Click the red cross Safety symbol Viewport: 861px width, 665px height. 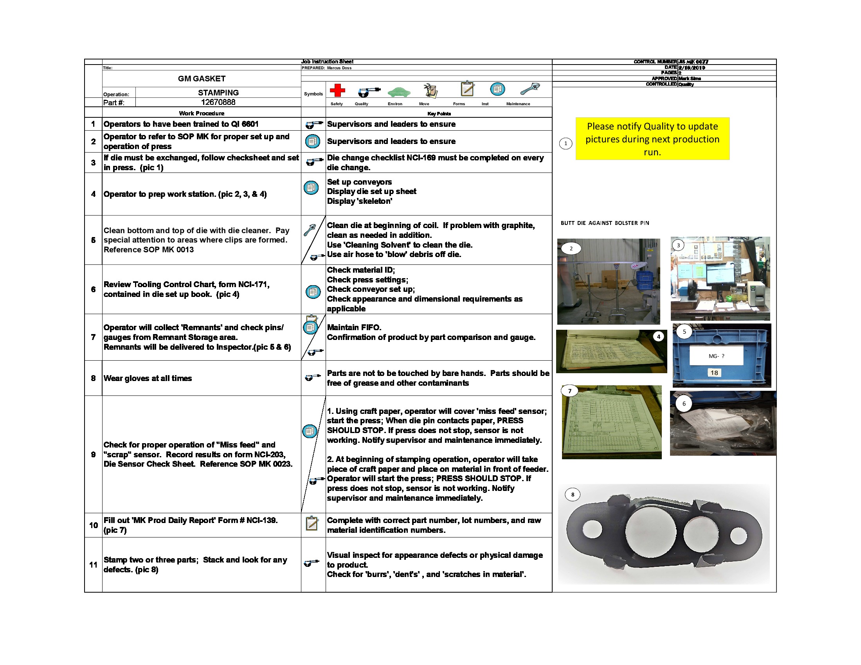click(337, 90)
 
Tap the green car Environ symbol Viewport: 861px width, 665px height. click(398, 92)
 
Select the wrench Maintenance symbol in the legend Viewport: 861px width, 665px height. click(530, 89)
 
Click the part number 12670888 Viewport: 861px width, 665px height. click(218, 102)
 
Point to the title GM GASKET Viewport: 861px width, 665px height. click(202, 78)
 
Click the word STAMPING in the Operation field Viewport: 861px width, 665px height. click(218, 93)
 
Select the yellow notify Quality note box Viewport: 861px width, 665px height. click(652, 139)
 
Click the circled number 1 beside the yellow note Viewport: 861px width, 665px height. click(566, 144)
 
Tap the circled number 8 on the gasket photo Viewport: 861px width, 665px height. click(573, 494)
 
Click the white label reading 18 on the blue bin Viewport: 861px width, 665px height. click(714, 373)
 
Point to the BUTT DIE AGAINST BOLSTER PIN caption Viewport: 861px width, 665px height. click(604, 223)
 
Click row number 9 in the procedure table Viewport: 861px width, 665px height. click(93, 454)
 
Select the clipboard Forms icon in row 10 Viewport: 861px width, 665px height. click(312, 523)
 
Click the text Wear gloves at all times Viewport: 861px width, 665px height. click(148, 378)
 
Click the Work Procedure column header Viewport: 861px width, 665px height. click(202, 113)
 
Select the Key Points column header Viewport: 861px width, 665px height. click(439, 113)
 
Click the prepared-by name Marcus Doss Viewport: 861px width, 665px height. click(339, 68)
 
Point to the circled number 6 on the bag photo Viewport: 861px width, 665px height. click(684, 403)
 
